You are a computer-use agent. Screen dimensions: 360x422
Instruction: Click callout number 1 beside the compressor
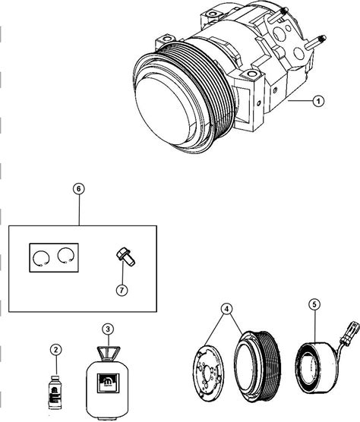318,101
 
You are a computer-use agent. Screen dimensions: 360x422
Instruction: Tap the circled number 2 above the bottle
56,350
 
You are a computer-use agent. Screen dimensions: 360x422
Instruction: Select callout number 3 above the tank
108,329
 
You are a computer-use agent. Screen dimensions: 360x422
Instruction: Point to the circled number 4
227,309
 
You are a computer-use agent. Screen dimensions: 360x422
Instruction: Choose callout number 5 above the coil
314,304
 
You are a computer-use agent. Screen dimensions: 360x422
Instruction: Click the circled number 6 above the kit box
79,189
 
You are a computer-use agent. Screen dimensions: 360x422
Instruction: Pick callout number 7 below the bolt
122,290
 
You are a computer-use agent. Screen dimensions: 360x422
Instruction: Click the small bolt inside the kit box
125,257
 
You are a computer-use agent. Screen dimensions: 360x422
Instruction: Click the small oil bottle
55,392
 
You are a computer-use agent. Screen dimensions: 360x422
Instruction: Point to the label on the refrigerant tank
108,383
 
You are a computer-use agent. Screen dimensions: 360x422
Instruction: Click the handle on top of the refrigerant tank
109,352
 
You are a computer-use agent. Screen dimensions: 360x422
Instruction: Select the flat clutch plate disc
209,373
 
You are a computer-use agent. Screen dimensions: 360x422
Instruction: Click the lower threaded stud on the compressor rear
316,43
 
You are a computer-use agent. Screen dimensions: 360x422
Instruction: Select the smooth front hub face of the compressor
164,110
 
